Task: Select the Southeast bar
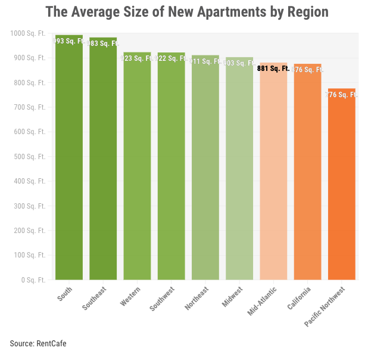(103, 161)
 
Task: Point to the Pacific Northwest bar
(341, 185)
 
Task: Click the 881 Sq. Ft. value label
(273, 69)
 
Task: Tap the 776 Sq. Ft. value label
(341, 94)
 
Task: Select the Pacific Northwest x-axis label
(324, 306)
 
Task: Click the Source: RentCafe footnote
(38, 344)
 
